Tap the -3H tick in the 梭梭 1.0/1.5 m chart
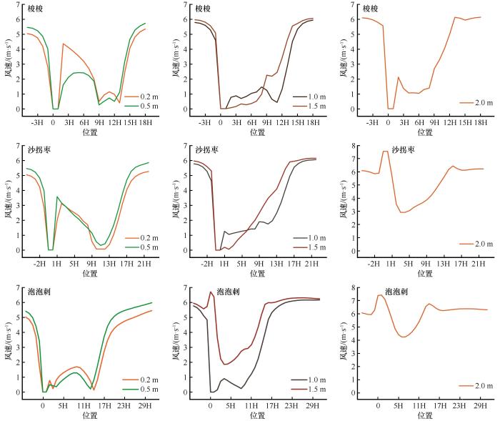[x=204, y=122]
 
